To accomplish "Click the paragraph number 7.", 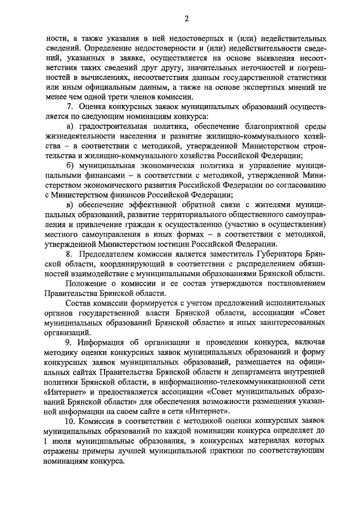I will (x=68, y=106).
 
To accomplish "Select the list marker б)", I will (x=69, y=167).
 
